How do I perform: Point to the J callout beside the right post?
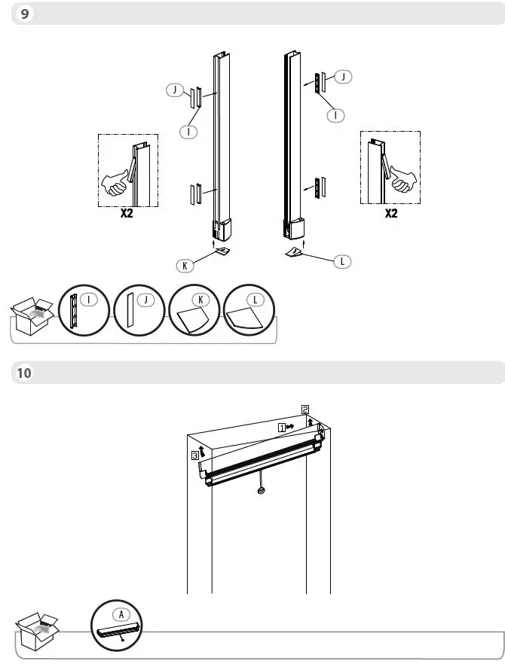click(344, 77)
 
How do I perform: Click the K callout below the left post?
click(184, 265)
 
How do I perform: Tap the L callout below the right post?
click(343, 261)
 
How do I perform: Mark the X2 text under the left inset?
click(127, 214)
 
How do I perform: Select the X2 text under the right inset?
click(390, 213)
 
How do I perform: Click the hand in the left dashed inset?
click(116, 182)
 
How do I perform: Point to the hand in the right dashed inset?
click(400, 179)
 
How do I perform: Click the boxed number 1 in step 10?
click(282, 426)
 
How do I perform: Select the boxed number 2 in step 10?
click(305, 410)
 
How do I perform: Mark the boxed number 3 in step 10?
click(194, 455)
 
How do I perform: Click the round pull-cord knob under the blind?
click(260, 491)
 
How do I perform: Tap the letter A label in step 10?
click(120, 613)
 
